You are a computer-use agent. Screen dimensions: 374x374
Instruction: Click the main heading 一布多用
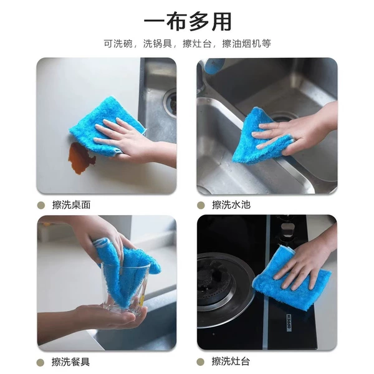[188, 22]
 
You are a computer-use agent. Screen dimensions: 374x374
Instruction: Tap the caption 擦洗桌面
[71, 205]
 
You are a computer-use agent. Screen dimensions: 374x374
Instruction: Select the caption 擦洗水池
[231, 205]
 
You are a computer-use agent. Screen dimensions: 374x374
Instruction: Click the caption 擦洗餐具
[71, 362]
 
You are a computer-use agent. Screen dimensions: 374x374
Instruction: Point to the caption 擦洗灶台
[231, 362]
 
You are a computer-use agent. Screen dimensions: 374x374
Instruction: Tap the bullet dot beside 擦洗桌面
[41, 205]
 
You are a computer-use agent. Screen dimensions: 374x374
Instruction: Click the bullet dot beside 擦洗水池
[201, 205]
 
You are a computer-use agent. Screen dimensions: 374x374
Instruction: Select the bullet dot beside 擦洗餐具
[41, 362]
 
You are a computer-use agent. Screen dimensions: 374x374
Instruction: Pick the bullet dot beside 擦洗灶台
[201, 362]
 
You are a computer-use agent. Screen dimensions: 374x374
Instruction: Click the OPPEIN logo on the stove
[289, 322]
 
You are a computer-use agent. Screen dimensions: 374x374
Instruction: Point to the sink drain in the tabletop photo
[171, 103]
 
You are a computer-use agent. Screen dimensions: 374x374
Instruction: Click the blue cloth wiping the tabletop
[105, 124]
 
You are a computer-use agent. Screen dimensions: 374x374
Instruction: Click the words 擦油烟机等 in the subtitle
[247, 44]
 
